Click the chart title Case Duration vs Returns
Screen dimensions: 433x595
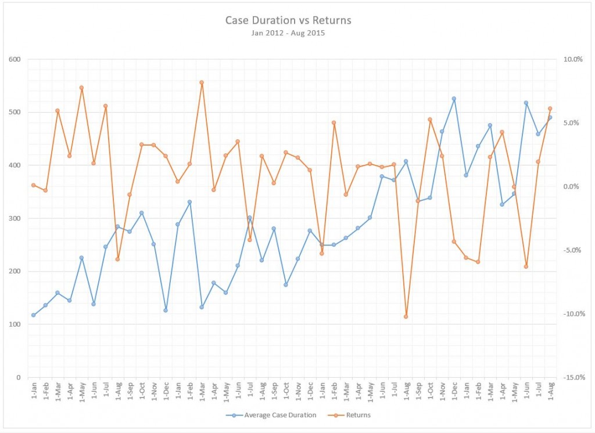click(288, 20)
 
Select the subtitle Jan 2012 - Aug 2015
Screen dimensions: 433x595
click(288, 33)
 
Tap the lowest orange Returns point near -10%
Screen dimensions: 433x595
click(406, 316)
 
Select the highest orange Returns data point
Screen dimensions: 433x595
click(202, 82)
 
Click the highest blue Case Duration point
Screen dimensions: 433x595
click(454, 99)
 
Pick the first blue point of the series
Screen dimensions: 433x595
click(33, 315)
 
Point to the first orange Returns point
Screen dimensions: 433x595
click(33, 185)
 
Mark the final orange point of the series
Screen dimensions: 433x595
click(550, 109)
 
